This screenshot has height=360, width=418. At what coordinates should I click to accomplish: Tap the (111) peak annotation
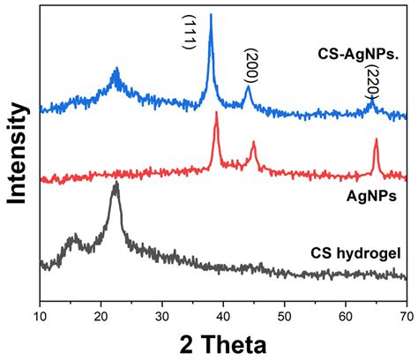point(189,33)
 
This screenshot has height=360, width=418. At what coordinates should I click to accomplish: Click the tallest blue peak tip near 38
point(210,15)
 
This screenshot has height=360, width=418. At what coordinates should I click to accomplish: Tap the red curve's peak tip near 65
point(376,139)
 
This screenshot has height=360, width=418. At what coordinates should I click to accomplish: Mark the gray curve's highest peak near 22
point(116,184)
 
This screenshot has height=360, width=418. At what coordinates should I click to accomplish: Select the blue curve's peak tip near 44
point(248,86)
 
